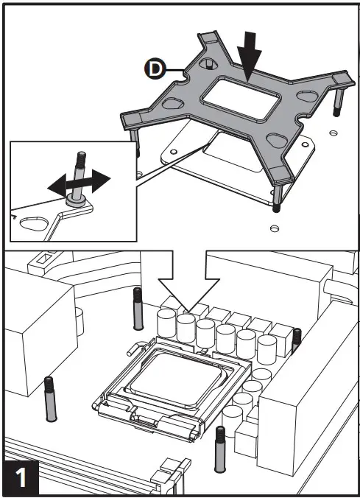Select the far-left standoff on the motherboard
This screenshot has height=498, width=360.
[x=50, y=398]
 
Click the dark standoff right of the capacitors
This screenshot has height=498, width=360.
[x=297, y=342]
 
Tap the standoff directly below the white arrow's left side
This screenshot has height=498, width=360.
[x=138, y=309]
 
